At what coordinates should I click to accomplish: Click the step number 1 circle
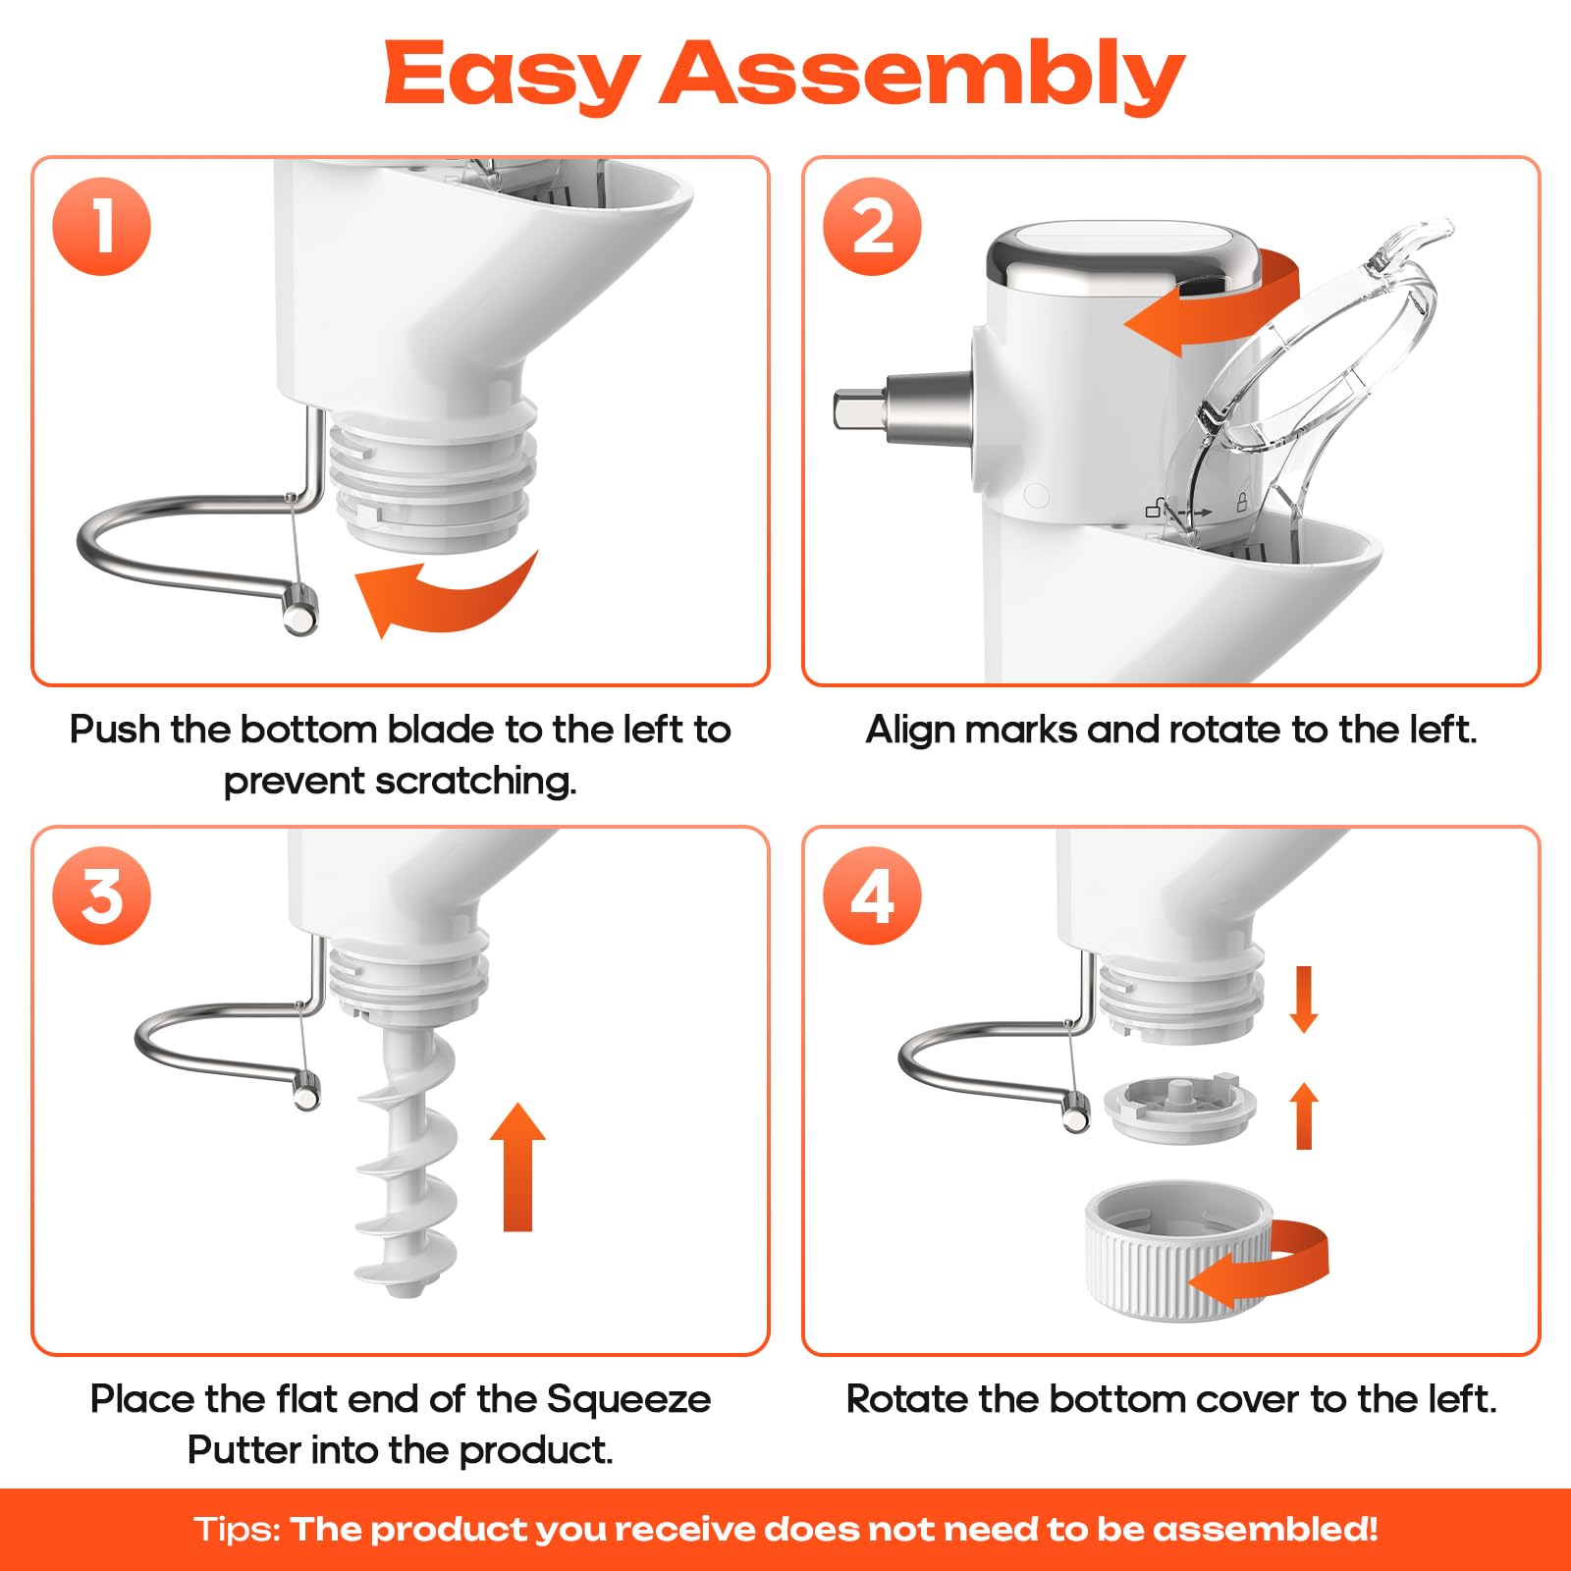pos(102,226)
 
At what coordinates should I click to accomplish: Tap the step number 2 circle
pos(872,226)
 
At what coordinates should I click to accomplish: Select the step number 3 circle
pos(102,895)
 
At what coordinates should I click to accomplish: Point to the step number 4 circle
pos(872,895)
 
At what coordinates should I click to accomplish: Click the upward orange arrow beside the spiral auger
pos(517,1166)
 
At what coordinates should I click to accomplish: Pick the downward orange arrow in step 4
pos(1303,1000)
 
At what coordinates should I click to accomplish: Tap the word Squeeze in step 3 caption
pos(628,1400)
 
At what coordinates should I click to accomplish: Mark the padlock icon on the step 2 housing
pos(1241,504)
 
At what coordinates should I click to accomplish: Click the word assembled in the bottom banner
pos(1266,1530)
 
